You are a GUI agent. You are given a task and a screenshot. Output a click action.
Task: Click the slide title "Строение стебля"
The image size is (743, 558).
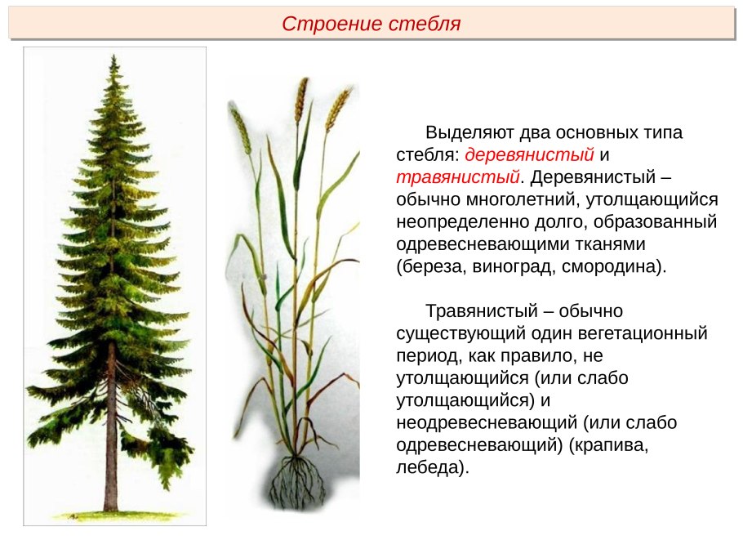pos(371,24)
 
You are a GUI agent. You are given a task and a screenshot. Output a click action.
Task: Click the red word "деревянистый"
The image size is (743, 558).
pos(529,154)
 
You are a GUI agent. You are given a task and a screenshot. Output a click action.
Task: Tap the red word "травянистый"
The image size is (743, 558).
pos(458,176)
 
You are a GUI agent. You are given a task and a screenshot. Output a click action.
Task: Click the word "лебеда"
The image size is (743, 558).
pos(429,467)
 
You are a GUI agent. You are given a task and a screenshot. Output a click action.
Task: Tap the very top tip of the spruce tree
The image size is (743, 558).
pos(113,55)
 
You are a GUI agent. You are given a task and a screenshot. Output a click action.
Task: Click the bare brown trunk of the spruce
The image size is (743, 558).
pos(110,426)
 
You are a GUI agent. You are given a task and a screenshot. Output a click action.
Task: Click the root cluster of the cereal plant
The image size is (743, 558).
pos(297,481)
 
